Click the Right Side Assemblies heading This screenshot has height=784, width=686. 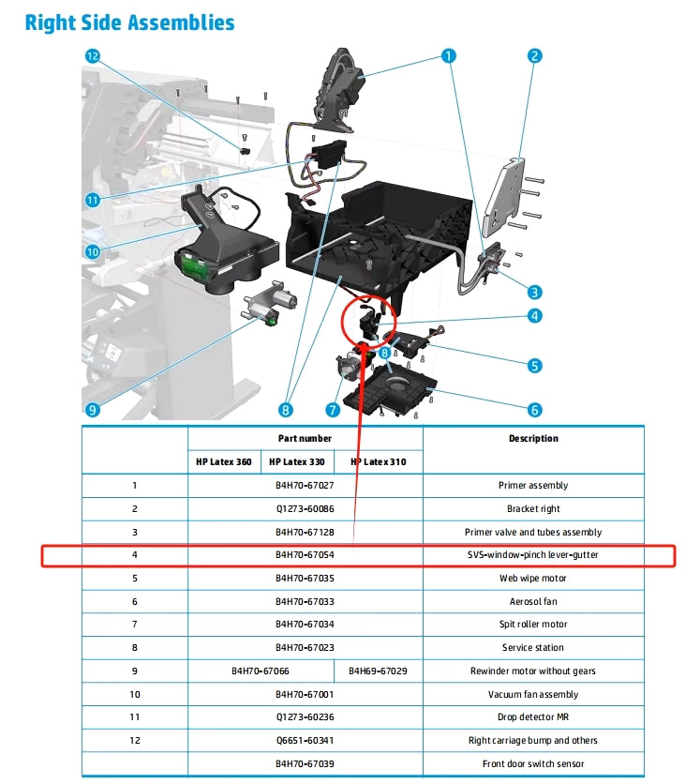(129, 22)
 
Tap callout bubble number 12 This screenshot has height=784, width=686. (92, 56)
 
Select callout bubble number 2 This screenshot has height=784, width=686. (534, 56)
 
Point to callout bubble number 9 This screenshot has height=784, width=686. (92, 409)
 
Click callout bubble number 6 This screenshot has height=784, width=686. (534, 409)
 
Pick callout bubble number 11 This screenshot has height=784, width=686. (92, 200)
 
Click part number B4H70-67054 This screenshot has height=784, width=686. (305, 555)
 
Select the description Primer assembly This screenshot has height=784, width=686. (532, 486)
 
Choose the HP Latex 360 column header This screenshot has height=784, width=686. (224, 461)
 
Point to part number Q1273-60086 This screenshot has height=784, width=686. (305, 509)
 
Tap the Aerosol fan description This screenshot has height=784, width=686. (532, 601)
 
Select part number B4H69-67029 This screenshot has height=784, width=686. (378, 671)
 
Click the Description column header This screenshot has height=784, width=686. (532, 438)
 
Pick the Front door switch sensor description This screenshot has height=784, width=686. (532, 764)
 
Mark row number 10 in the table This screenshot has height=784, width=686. (134, 695)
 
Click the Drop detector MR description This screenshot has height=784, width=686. (532, 717)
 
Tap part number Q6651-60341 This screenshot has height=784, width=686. (305, 741)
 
